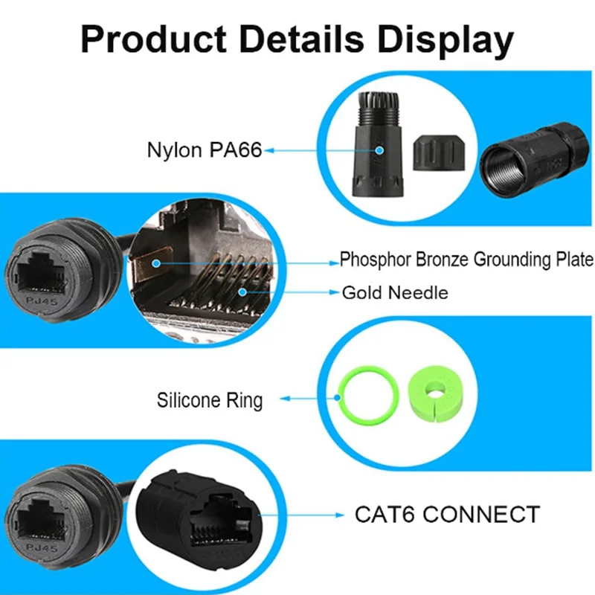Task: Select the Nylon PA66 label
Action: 204,150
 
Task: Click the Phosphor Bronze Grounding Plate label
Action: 466,260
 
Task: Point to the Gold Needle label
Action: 395,292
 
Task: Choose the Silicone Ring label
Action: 210,400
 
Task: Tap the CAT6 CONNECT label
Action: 446,514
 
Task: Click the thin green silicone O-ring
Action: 364,396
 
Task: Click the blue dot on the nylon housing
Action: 379,150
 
